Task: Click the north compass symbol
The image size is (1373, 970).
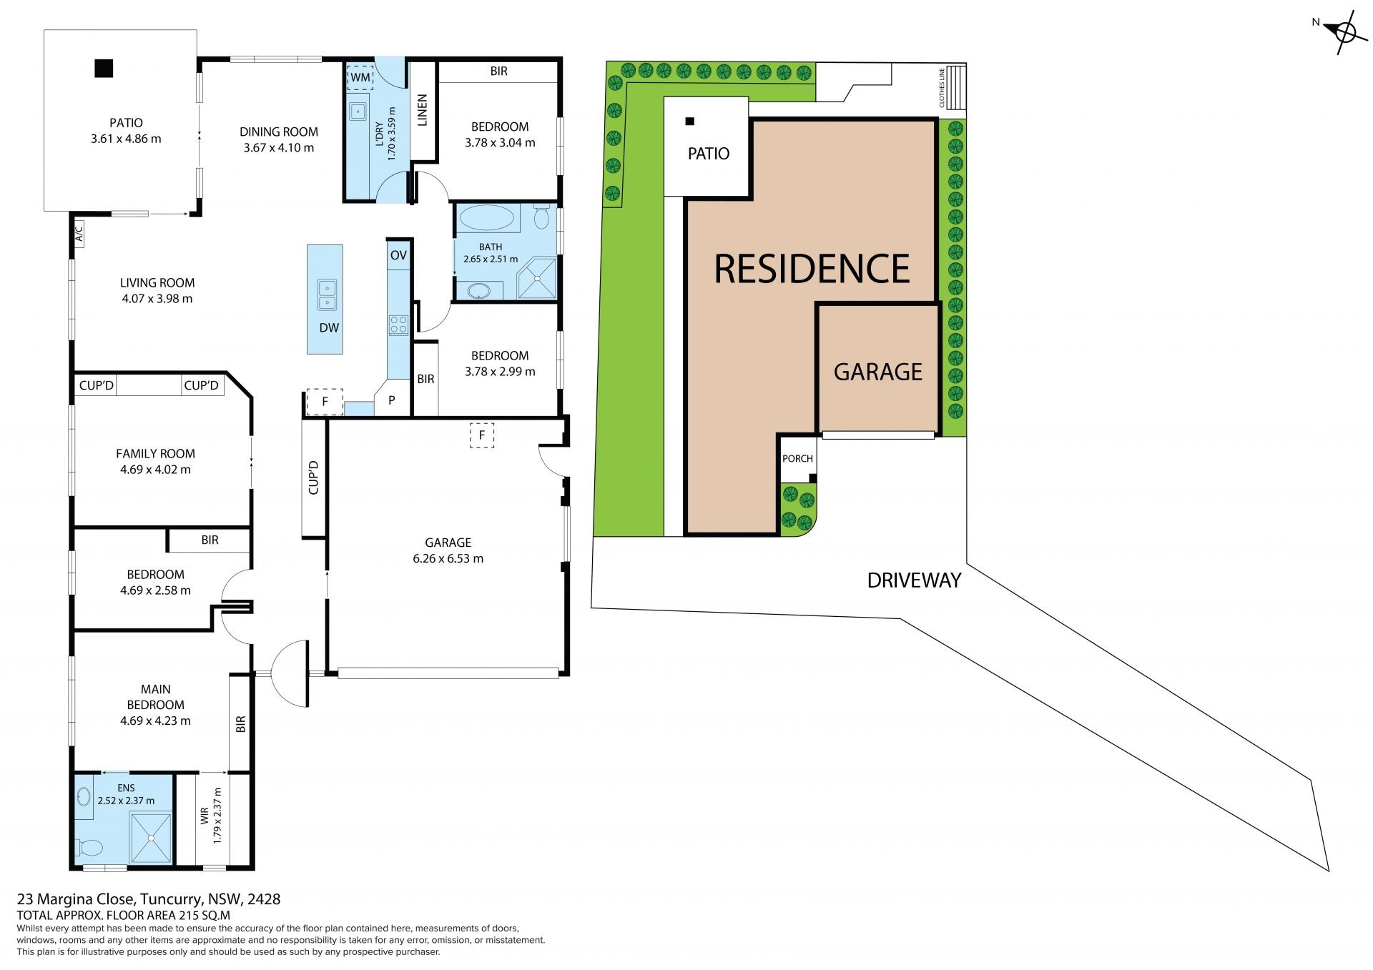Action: pyautogui.click(x=1344, y=33)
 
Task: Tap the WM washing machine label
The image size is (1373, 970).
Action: pyautogui.click(x=360, y=77)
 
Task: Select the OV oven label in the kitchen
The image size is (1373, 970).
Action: pyautogui.click(x=398, y=255)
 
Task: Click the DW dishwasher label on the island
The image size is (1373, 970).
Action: pyautogui.click(x=329, y=328)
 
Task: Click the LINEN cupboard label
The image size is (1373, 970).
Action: pyautogui.click(x=422, y=110)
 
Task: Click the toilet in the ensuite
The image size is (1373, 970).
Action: pyautogui.click(x=90, y=848)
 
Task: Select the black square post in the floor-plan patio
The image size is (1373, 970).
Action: pyautogui.click(x=104, y=68)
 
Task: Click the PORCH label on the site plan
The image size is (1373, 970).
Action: pyautogui.click(x=797, y=458)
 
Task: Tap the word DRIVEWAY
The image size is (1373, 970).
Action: pyautogui.click(x=914, y=580)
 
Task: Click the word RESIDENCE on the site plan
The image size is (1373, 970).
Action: pyautogui.click(x=812, y=269)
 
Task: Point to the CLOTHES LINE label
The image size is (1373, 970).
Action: pyautogui.click(x=943, y=87)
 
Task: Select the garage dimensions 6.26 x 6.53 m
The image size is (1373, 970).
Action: pyautogui.click(x=448, y=559)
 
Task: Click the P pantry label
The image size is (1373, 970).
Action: pyautogui.click(x=392, y=400)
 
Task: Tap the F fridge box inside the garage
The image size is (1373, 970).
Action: pyautogui.click(x=482, y=435)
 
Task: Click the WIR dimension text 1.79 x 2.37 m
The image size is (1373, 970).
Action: pyautogui.click(x=218, y=816)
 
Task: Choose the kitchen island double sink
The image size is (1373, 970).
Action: pyautogui.click(x=327, y=295)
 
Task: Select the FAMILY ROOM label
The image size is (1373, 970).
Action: pyautogui.click(x=155, y=454)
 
